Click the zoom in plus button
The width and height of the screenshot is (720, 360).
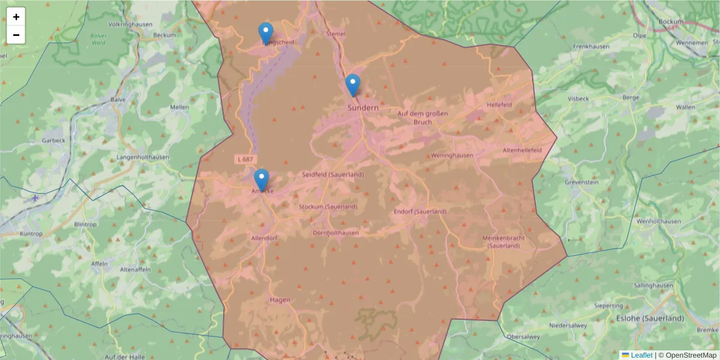coord(16,17)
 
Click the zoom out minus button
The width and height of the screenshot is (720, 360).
coord(16,35)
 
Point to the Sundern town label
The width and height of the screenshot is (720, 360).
coord(363,107)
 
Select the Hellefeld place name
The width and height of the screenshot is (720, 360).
coord(499,104)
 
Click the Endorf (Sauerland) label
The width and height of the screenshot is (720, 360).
coord(420,212)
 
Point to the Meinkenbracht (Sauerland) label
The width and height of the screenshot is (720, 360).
coord(503,242)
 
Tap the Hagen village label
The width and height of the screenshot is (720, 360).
coord(280,299)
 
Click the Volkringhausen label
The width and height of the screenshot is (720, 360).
coord(130,25)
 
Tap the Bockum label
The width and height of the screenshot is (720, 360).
coord(671,21)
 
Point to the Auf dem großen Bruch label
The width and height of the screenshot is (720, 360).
coord(422,118)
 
